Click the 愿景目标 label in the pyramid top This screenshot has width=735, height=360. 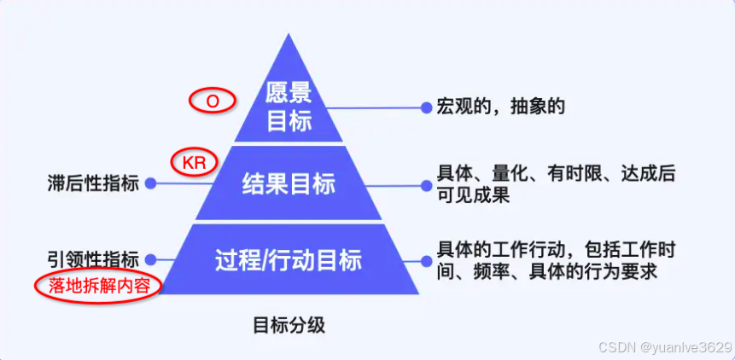(289, 107)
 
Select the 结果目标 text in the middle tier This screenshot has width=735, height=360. (289, 183)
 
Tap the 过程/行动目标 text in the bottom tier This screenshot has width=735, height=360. (289, 259)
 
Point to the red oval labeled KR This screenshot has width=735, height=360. (195, 160)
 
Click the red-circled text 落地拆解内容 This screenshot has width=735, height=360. (99, 285)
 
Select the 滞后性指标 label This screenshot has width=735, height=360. (94, 183)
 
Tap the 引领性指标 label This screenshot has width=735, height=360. (94, 259)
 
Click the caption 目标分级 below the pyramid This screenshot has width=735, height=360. (289, 325)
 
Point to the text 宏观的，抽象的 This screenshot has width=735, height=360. (501, 107)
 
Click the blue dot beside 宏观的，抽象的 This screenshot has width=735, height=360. (426, 107)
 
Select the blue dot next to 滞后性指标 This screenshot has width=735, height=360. (151, 183)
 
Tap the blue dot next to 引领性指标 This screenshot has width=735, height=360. (151, 259)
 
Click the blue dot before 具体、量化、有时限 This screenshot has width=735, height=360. (426, 183)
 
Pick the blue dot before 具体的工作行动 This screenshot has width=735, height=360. (426, 259)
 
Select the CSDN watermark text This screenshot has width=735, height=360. (614, 346)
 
